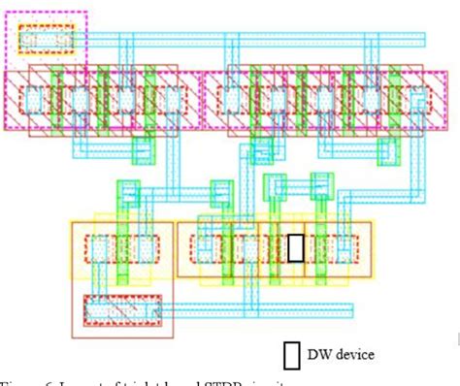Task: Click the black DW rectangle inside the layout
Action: coord(295,248)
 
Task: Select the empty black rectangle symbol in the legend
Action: coord(291,355)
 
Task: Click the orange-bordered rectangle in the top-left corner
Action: coord(46,39)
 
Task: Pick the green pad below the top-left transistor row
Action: coord(143,148)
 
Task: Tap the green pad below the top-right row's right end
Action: coord(389,146)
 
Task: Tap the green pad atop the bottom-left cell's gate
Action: coord(124,191)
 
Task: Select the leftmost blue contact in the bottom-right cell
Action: coord(204,248)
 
